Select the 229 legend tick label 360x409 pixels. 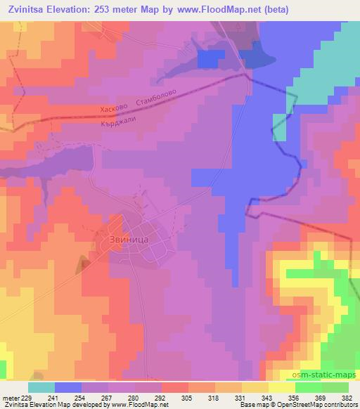27,397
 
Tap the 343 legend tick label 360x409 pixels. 268,397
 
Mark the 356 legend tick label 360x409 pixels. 295,397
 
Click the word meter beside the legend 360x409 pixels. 10,397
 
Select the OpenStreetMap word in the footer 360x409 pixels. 296,405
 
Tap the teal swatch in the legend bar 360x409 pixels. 41,387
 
